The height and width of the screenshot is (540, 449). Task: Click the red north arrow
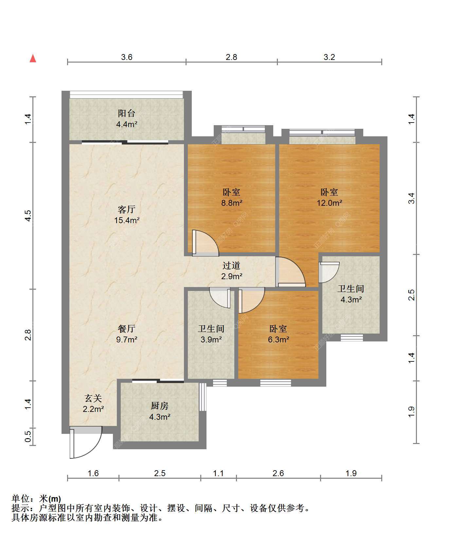(x=33, y=58)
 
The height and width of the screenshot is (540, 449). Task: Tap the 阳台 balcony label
(x=127, y=113)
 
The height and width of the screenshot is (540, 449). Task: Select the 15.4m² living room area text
(x=127, y=220)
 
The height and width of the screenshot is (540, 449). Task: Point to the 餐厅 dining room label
(x=127, y=328)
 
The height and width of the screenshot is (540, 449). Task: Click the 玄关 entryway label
(x=93, y=398)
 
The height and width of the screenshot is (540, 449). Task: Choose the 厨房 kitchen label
(x=160, y=406)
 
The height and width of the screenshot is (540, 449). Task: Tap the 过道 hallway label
(x=232, y=265)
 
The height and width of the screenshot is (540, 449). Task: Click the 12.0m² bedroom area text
(x=329, y=203)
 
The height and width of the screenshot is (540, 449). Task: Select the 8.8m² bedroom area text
(x=232, y=203)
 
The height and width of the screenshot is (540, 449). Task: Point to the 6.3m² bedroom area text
(x=278, y=339)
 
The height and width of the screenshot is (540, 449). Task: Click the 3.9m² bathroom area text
(x=211, y=339)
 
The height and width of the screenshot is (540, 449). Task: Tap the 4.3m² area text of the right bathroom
(x=351, y=299)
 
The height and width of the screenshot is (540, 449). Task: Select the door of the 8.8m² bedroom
(x=205, y=243)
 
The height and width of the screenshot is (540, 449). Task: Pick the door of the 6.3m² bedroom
(x=251, y=300)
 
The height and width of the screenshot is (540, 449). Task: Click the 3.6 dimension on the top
(x=127, y=57)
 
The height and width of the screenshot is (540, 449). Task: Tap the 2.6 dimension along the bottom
(x=278, y=473)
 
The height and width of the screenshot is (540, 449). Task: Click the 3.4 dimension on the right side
(x=411, y=198)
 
